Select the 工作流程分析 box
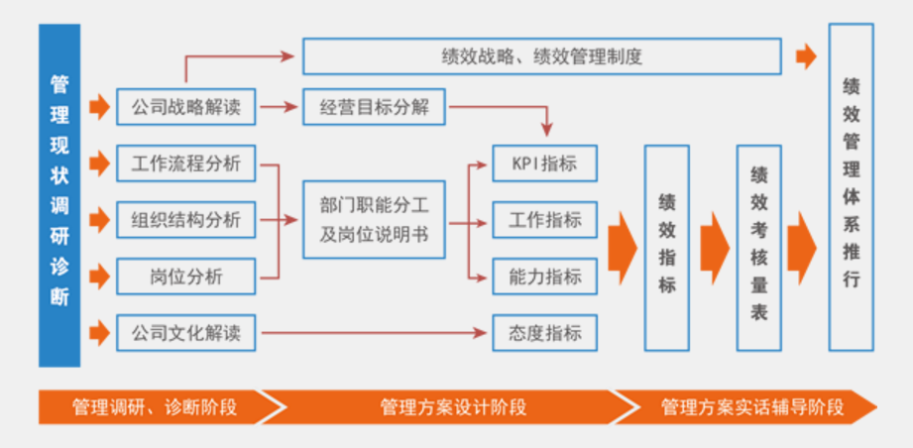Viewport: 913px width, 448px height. (185, 163)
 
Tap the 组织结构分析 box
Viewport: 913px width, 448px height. (185, 219)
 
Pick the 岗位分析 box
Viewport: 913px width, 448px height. (185, 277)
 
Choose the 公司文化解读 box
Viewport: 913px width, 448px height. (185, 333)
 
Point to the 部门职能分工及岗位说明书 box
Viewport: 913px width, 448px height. (374, 219)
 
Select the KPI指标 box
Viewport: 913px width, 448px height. (545, 163)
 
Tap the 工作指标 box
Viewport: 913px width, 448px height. (545, 219)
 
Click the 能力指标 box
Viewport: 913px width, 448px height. (545, 277)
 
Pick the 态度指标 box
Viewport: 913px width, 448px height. (545, 333)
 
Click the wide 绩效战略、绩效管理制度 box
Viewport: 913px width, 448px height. (541, 56)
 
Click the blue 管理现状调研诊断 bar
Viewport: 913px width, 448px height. (59, 194)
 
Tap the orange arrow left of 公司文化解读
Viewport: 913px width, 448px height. (99, 333)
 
